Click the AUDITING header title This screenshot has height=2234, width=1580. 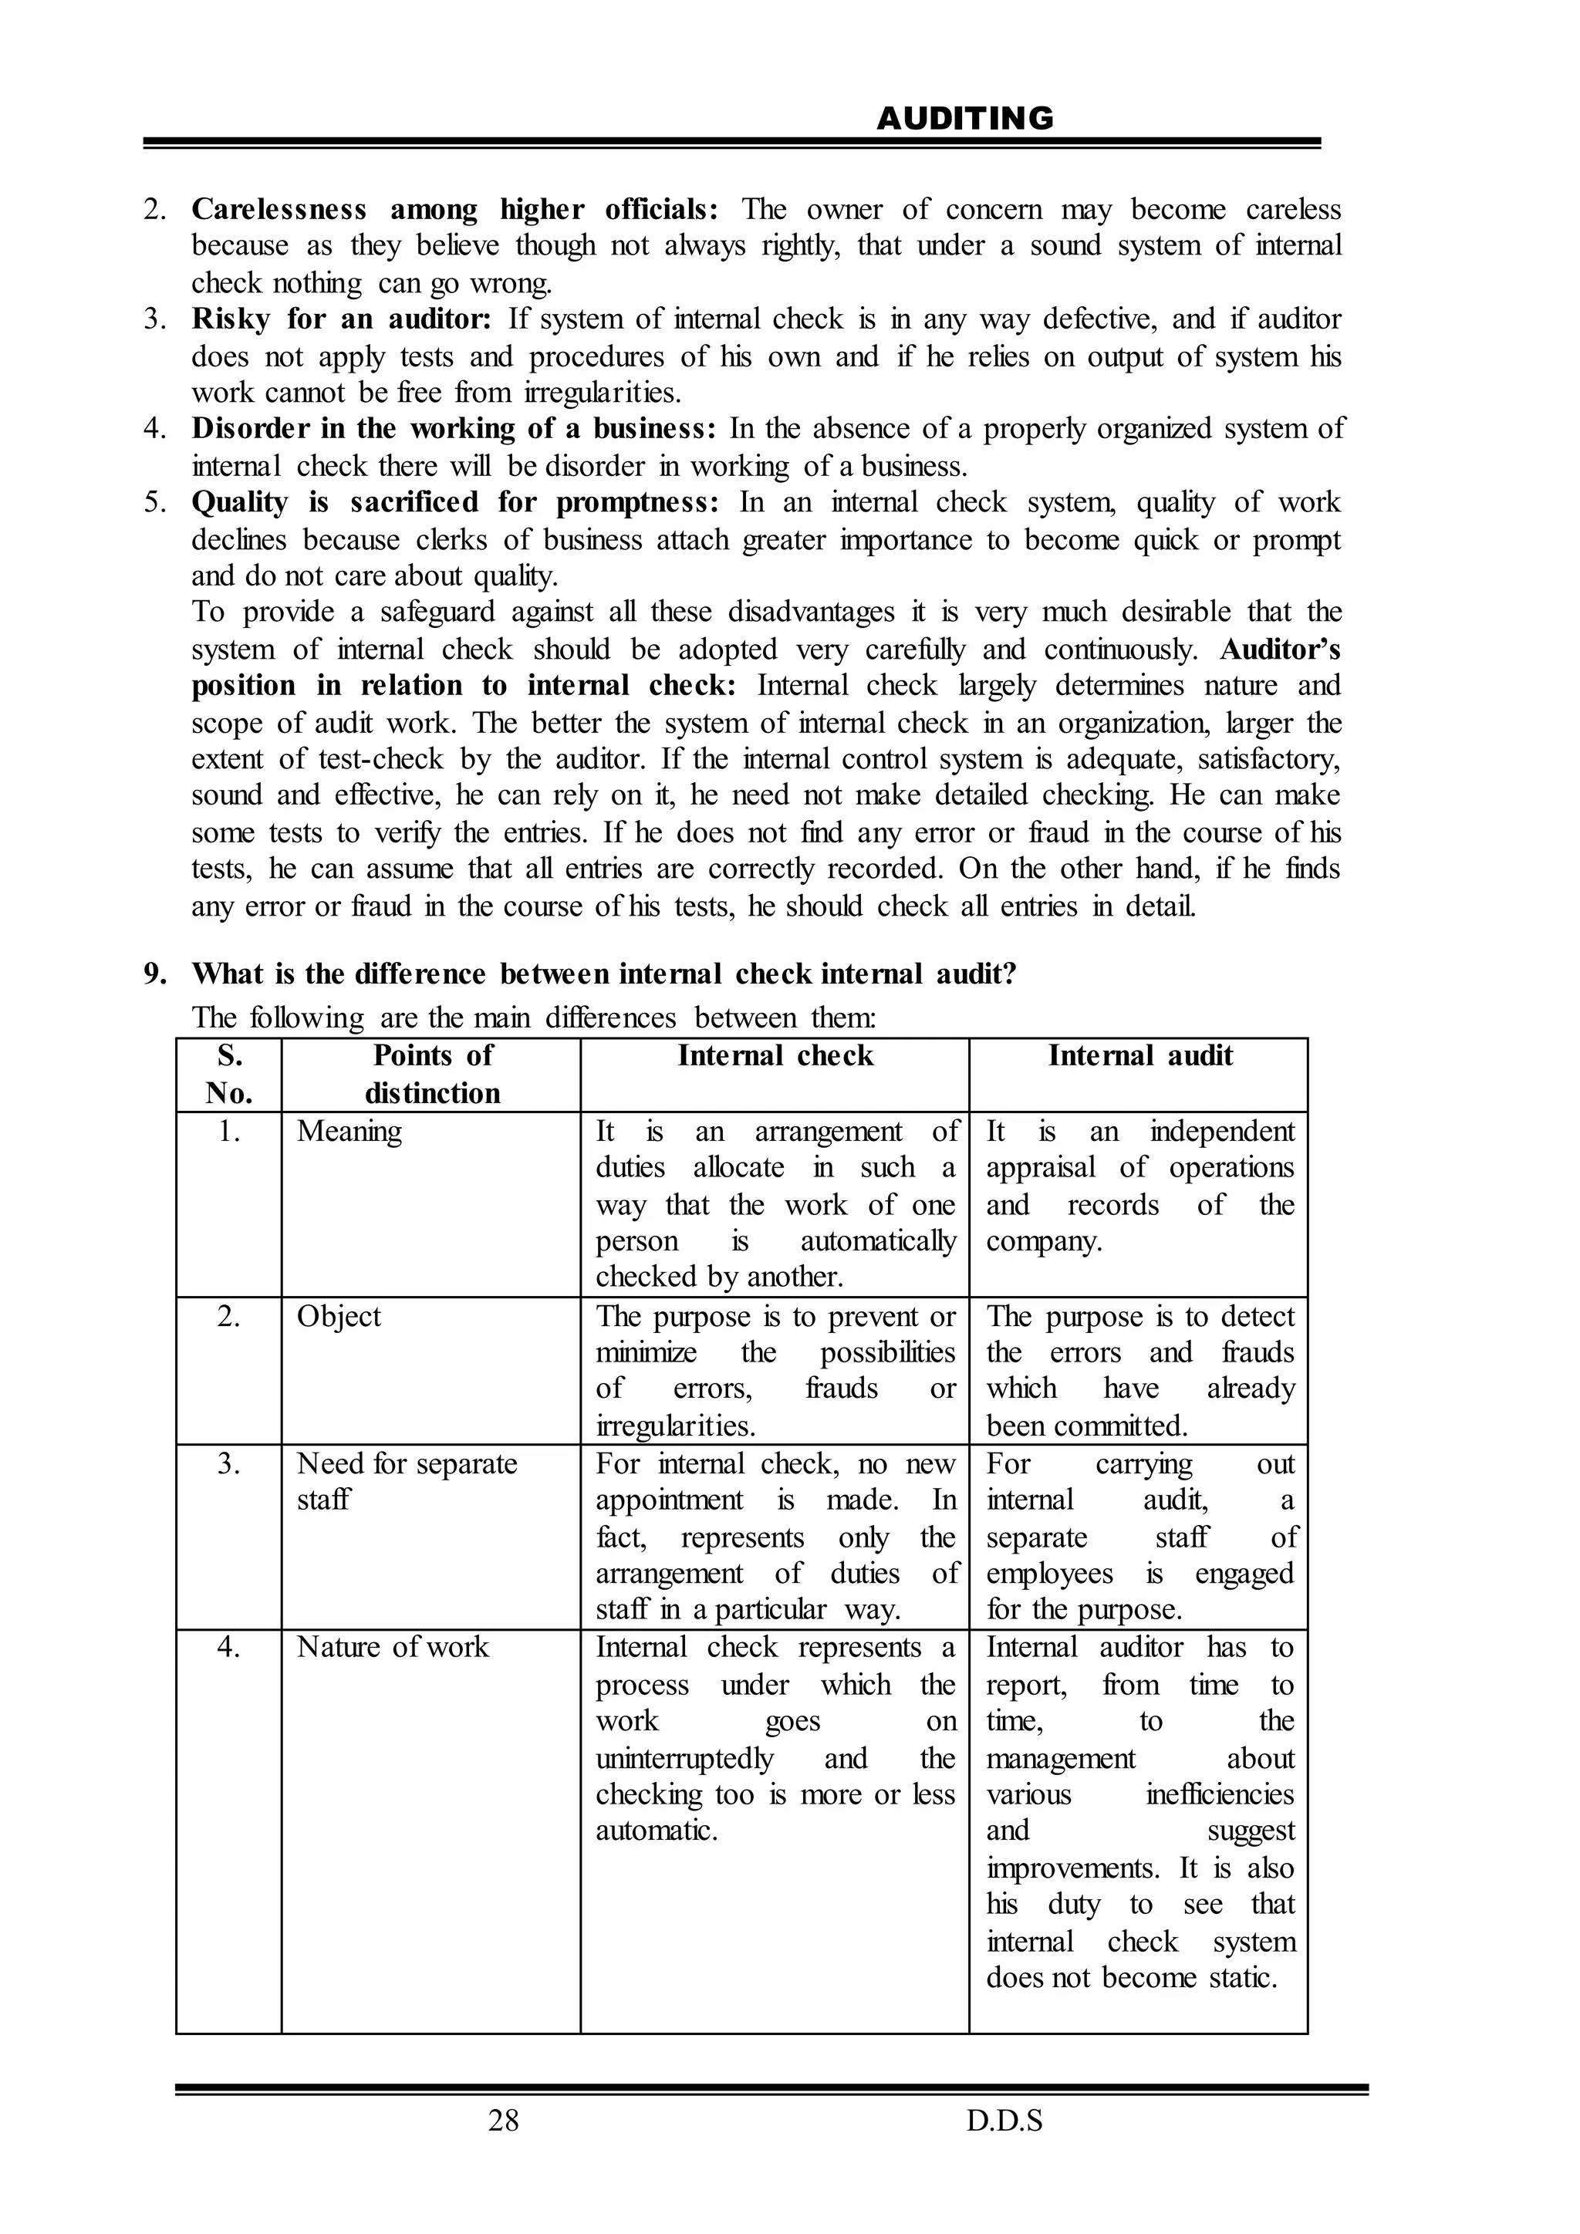click(x=964, y=119)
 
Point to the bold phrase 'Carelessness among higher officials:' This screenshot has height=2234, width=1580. click(x=454, y=209)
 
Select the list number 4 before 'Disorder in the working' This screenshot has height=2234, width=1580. click(x=155, y=429)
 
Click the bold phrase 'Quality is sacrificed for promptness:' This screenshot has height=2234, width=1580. click(x=454, y=502)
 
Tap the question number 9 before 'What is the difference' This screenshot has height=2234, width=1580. click(x=155, y=974)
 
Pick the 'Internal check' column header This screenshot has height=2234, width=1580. click(x=775, y=1056)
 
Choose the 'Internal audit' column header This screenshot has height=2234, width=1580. click(x=1139, y=1056)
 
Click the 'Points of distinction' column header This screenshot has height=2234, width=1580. click(x=432, y=1075)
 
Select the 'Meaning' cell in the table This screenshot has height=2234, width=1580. click(x=349, y=1131)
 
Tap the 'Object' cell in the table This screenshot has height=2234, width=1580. click(x=339, y=1317)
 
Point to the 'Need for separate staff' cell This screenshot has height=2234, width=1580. click(x=407, y=1481)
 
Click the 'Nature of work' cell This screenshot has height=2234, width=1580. click(x=392, y=1647)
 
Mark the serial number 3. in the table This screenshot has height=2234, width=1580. click(x=228, y=1463)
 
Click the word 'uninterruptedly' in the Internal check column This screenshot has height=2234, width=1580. click(x=684, y=1758)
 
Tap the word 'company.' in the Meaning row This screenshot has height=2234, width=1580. click(x=1044, y=1241)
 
